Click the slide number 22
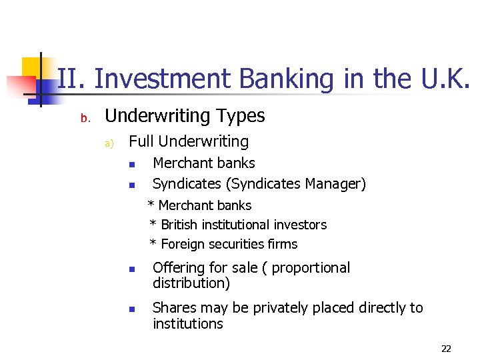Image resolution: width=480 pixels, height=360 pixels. click(x=446, y=349)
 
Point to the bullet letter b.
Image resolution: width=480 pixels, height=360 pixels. click(x=85, y=119)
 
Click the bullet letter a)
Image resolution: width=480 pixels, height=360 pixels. click(x=110, y=143)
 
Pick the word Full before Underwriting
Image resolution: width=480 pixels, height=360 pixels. click(x=141, y=141)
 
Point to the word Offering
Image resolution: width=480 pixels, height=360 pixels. click(x=179, y=268)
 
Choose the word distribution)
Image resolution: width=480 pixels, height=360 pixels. click(x=191, y=283)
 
